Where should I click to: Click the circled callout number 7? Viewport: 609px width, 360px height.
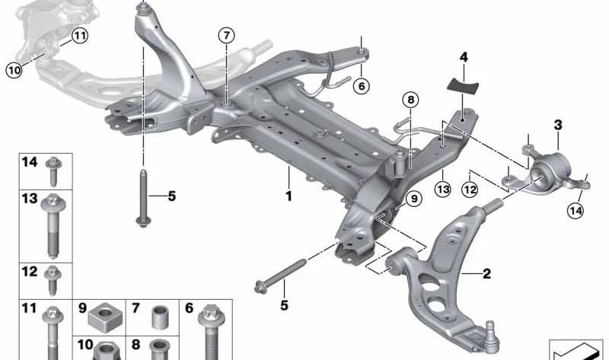(226, 36)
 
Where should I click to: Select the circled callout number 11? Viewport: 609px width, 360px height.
(80, 36)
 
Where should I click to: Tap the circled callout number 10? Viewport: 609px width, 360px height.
(14, 71)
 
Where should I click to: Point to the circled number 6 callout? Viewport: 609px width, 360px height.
(362, 86)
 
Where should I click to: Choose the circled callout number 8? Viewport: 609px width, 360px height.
(411, 100)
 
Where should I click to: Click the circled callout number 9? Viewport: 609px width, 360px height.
(414, 199)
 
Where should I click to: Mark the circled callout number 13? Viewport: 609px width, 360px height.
(443, 189)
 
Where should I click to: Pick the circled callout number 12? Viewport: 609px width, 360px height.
(470, 190)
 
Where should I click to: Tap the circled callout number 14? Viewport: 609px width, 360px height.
(576, 211)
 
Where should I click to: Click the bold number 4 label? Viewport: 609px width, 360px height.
(464, 58)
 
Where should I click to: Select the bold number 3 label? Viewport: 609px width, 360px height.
(558, 125)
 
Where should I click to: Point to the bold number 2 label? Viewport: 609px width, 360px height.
(486, 274)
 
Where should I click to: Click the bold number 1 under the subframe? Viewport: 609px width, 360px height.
(289, 196)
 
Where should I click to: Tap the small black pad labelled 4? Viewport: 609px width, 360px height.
(462, 85)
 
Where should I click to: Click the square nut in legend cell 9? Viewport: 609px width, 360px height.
(105, 317)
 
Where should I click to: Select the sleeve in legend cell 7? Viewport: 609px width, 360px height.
(160, 317)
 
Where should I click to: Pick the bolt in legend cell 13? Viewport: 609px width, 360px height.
(54, 225)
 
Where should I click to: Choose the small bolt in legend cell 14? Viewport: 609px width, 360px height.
(53, 171)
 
